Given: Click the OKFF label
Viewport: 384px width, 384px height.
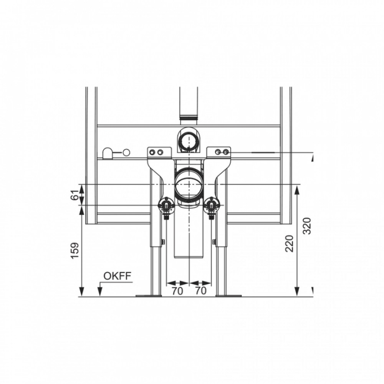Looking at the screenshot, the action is tap(117, 276).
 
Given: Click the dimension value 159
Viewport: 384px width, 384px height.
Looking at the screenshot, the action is tap(75, 250).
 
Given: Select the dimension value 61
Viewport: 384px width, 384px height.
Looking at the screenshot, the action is tap(75, 195).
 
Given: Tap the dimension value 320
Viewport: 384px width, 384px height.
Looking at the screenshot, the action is tap(307, 226).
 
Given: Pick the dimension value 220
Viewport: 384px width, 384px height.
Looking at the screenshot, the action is tap(289, 243).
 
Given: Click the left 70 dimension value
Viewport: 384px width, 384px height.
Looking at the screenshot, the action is tap(177, 291).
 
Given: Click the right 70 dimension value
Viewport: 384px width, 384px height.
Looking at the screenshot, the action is tap(201, 291).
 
